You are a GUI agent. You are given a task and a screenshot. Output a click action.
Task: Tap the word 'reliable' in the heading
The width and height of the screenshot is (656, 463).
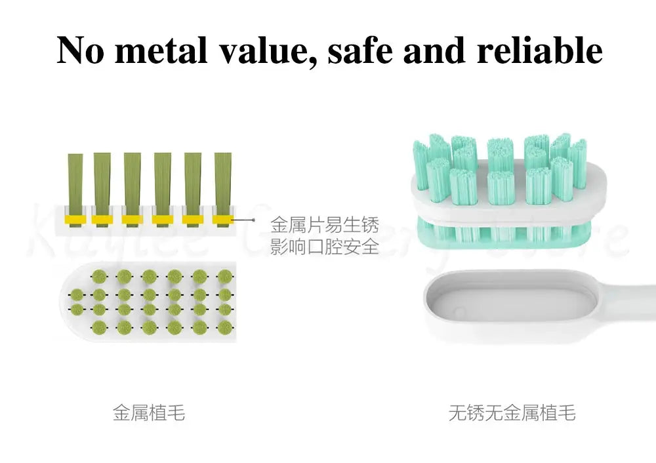539,50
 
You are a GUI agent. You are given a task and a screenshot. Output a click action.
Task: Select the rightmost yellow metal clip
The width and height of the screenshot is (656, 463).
223,218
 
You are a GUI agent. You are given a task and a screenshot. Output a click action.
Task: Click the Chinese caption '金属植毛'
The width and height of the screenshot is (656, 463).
149,413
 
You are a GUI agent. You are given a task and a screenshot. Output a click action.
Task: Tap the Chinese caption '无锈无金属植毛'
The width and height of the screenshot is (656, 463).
512,413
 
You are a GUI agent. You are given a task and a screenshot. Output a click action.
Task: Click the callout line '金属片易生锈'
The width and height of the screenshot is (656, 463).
325,226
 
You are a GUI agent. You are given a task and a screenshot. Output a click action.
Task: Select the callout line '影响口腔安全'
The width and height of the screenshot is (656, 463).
325,247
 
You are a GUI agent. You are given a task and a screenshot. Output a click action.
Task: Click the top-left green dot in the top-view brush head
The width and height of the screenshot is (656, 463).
99,275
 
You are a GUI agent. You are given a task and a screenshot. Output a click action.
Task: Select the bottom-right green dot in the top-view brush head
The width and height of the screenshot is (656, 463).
225,327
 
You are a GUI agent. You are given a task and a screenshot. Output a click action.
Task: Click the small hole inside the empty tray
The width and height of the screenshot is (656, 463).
461,310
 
